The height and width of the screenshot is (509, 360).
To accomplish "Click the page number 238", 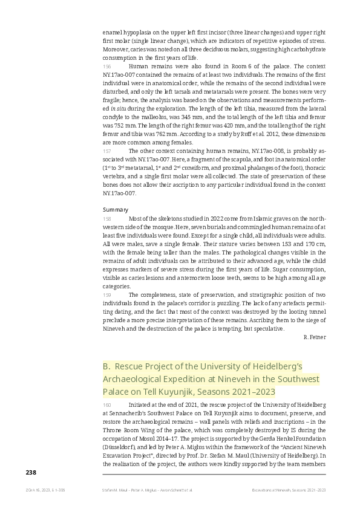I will coord(31,472).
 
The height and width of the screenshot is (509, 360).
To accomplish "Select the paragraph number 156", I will coord(107,66).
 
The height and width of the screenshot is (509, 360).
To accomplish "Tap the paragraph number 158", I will coord(107,219).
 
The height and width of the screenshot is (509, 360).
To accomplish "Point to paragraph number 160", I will coord(107,404).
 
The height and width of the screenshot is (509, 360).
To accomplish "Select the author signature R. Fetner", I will coord(315,336).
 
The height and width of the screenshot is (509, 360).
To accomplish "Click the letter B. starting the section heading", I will coord(107,366).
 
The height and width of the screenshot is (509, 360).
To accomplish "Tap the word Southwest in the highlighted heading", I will coord(296,379).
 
